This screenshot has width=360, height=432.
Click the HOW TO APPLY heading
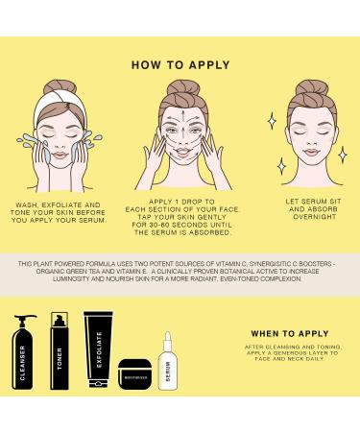coord(180,65)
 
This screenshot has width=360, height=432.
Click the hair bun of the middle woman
coord(180,90)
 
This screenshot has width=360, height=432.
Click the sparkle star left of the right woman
coord(271,120)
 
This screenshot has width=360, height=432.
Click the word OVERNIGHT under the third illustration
coord(301,217)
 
